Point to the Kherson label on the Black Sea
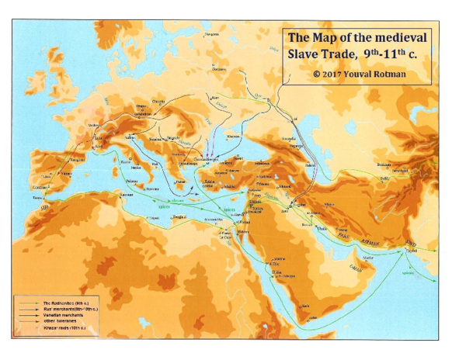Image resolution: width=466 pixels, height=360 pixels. pyautogui.click(x=233, y=135)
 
